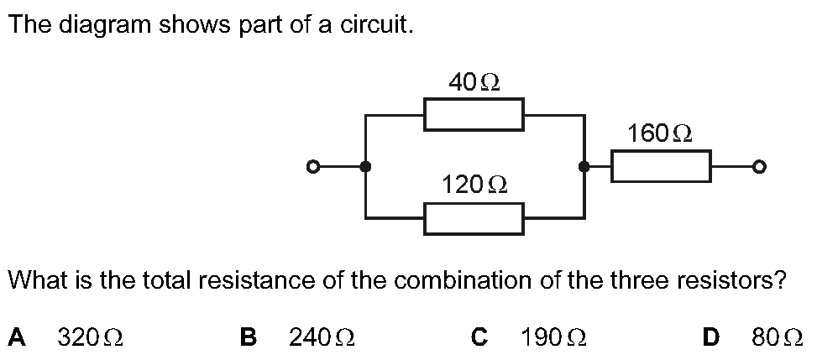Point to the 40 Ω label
click(474, 82)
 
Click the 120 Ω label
click(474, 184)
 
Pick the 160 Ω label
click(660, 133)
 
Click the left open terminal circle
click(312, 167)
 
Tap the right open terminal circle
click(759, 167)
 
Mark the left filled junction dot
click(366, 167)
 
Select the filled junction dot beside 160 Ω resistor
click(584, 167)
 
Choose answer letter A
click(17, 337)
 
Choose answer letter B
click(248, 337)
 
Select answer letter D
click(710, 337)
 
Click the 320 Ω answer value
click(90, 337)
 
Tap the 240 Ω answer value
click(322, 337)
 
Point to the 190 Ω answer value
click(553, 337)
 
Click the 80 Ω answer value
click(777, 337)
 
